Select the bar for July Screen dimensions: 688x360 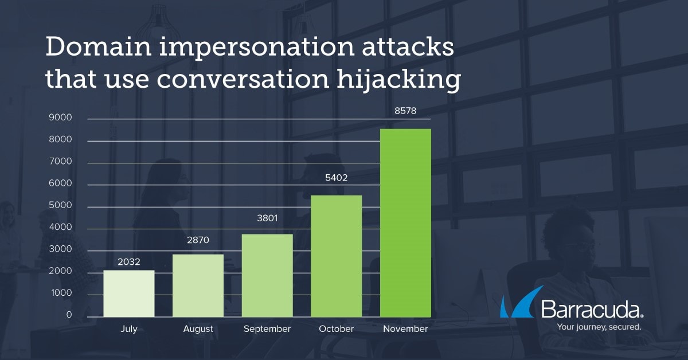[x=129, y=294]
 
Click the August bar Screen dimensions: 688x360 [x=198, y=285]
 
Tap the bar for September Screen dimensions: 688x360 [x=267, y=276]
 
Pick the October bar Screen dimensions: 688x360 [x=337, y=256]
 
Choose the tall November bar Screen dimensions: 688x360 [x=405, y=223]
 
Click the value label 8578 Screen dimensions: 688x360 [x=405, y=111]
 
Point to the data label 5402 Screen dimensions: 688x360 [x=337, y=178]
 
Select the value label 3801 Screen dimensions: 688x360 [x=267, y=218]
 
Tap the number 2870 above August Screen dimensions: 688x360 [x=198, y=240]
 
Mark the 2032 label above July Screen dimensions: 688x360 [x=129, y=262]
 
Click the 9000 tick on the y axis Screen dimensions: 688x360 [x=60, y=118]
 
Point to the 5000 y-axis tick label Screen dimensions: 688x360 [x=60, y=205]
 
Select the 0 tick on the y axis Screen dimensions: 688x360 [x=69, y=315]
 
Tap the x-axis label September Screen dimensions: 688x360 [x=267, y=329]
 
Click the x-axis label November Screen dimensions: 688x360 [x=405, y=329]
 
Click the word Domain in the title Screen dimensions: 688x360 [x=98, y=46]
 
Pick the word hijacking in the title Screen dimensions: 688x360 [x=398, y=80]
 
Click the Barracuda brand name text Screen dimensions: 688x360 [x=592, y=309]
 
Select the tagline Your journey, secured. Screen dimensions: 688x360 [x=599, y=327]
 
